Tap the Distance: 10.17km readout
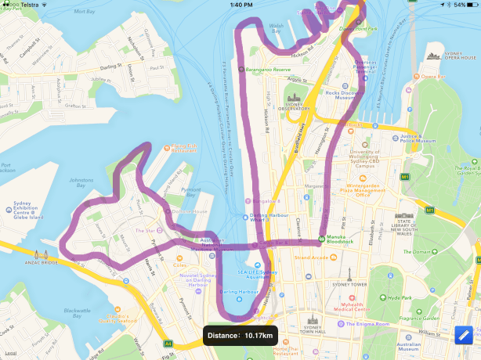240,336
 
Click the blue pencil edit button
465,335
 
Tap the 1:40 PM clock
241,5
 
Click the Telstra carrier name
29,5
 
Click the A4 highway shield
168,343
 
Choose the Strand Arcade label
310,257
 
